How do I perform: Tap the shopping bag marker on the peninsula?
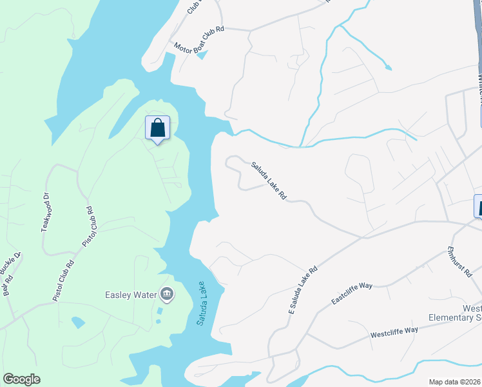pyautogui.click(x=158, y=128)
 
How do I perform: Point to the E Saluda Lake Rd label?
pyautogui.click(x=303, y=290)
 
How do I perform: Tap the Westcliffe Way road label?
pyautogui.click(x=394, y=332)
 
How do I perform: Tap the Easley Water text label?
pyautogui.click(x=131, y=295)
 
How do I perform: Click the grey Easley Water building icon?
pyautogui.click(x=167, y=295)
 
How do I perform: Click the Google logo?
pyautogui.click(x=21, y=379)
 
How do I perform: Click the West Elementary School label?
pyautogui.click(x=458, y=313)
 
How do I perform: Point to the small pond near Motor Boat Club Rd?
pyautogui.click(x=202, y=55)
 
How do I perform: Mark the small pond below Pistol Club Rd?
pyautogui.click(x=78, y=321)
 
